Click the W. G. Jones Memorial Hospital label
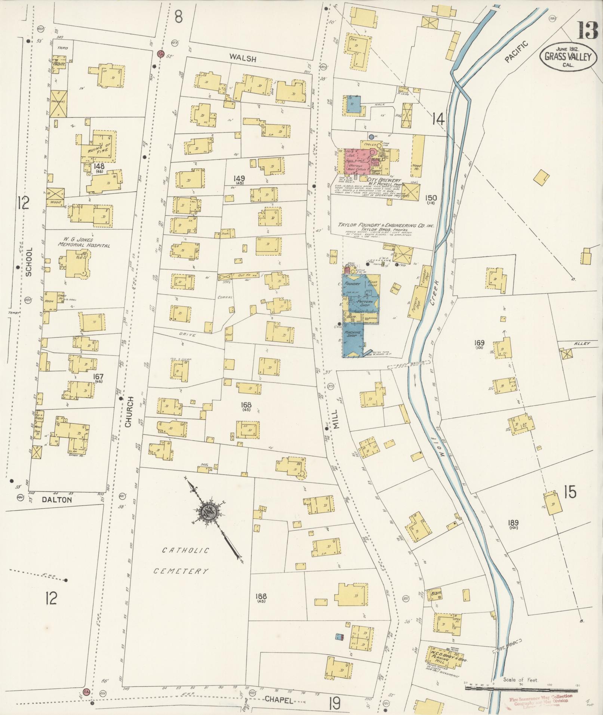tap(83, 243)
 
